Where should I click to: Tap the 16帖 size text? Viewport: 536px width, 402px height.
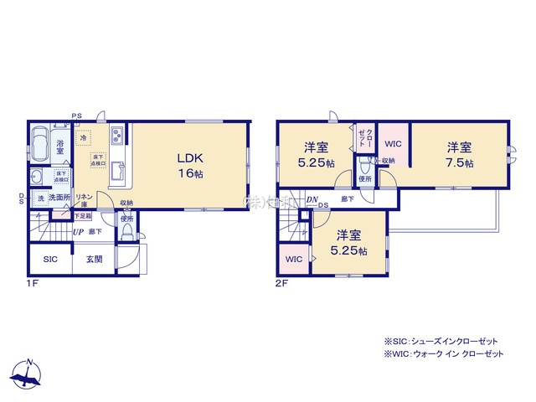(190, 173)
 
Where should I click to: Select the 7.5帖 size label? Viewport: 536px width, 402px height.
(459, 163)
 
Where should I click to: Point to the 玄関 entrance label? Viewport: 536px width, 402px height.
(93, 260)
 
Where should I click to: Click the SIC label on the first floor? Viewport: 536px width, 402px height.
(51, 260)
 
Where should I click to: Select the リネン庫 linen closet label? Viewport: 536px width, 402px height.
(85, 199)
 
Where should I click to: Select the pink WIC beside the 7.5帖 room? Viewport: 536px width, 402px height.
(392, 143)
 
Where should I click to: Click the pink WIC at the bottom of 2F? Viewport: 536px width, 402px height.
(293, 260)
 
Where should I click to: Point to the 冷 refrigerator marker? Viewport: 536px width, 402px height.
(83, 137)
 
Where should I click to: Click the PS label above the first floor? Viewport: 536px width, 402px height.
(76, 116)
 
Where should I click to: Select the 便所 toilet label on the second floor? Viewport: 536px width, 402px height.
(364, 178)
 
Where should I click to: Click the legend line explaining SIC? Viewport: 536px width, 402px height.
(441, 342)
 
